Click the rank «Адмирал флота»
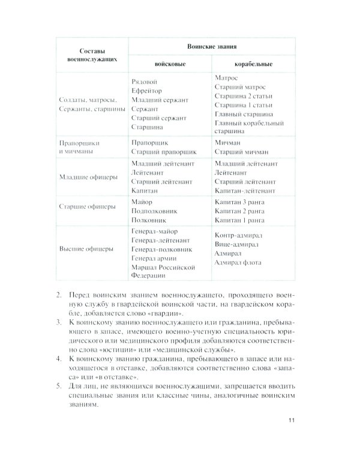pyautogui.click(x=241, y=263)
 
